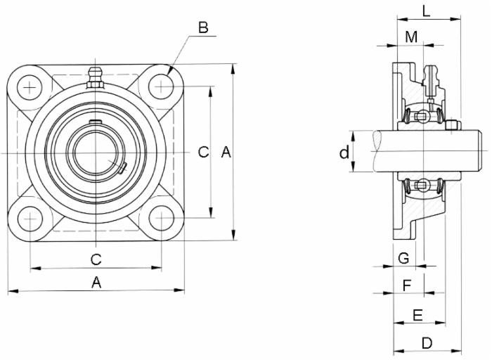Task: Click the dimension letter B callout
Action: coord(203,27)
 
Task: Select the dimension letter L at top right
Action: coord(427,10)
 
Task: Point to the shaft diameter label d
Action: coord(344,153)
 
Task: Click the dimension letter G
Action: coord(403,258)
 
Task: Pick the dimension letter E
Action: coord(417,315)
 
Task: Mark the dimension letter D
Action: coord(427,342)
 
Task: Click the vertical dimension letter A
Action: coord(226,152)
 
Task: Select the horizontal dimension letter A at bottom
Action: coord(96,282)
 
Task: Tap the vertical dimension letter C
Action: coord(202,152)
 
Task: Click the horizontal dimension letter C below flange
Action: coord(96,259)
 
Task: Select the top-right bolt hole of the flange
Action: coord(162,86)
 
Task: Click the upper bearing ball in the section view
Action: coord(422,115)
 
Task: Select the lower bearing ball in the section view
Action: coord(422,186)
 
